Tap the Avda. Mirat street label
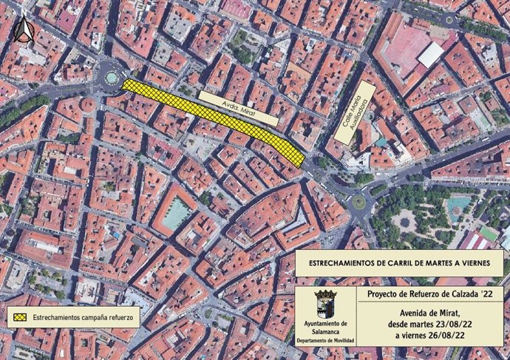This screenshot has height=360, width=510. coord(239,109)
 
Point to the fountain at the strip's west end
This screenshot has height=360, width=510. coord(112,77)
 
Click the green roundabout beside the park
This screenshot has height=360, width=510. coord(358,201)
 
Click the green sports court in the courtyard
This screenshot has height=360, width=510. coord(176,215)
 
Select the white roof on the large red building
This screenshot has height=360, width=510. coord(430,54)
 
